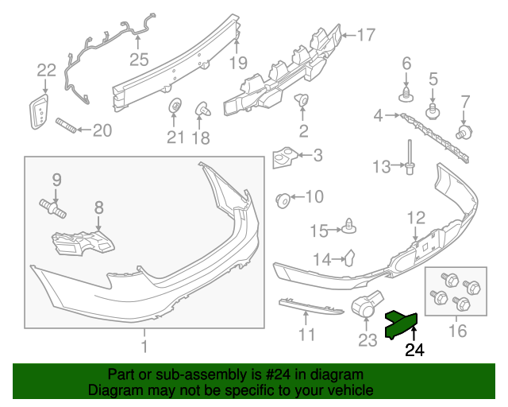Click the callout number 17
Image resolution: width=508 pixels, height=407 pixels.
(x=364, y=35)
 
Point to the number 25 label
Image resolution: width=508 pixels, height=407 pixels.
(x=139, y=59)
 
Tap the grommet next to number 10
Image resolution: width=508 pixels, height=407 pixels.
(x=282, y=198)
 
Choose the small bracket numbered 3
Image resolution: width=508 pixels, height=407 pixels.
(x=286, y=157)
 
